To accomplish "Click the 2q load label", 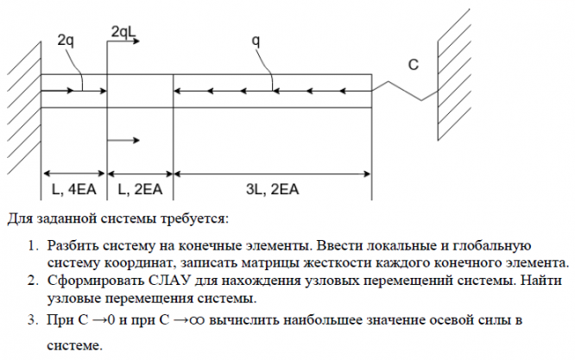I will click(66, 41).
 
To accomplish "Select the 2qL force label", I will click(123, 32).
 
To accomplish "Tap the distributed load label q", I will click(256, 41).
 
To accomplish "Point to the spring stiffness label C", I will click(413, 65).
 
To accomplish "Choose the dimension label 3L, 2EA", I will click(273, 187).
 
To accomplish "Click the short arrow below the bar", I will click(126, 140).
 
